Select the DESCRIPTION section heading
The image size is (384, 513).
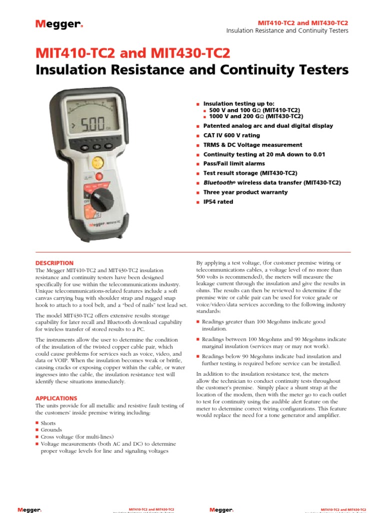click(54, 263)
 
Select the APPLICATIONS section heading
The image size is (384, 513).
click(56, 398)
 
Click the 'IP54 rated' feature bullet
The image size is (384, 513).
click(217, 202)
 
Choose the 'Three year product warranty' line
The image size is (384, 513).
click(245, 192)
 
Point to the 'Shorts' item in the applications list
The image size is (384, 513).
click(48, 423)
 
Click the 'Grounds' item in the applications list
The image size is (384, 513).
click(51, 430)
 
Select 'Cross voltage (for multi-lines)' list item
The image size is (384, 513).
click(77, 437)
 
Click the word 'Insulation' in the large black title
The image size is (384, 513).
click(75, 70)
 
